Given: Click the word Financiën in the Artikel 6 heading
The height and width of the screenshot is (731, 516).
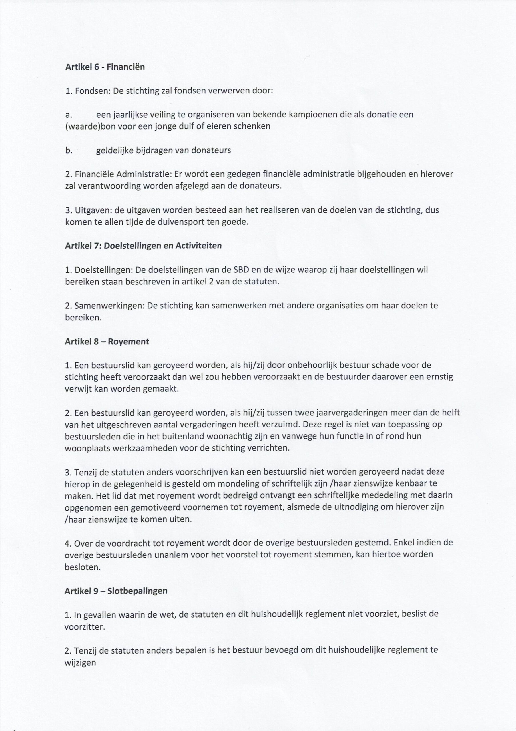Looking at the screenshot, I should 125,67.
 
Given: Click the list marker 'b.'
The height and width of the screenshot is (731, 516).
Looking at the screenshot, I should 69,150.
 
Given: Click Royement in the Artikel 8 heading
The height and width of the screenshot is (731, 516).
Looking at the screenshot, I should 128,342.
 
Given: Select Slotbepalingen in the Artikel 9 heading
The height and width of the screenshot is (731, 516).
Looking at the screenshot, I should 138,591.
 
